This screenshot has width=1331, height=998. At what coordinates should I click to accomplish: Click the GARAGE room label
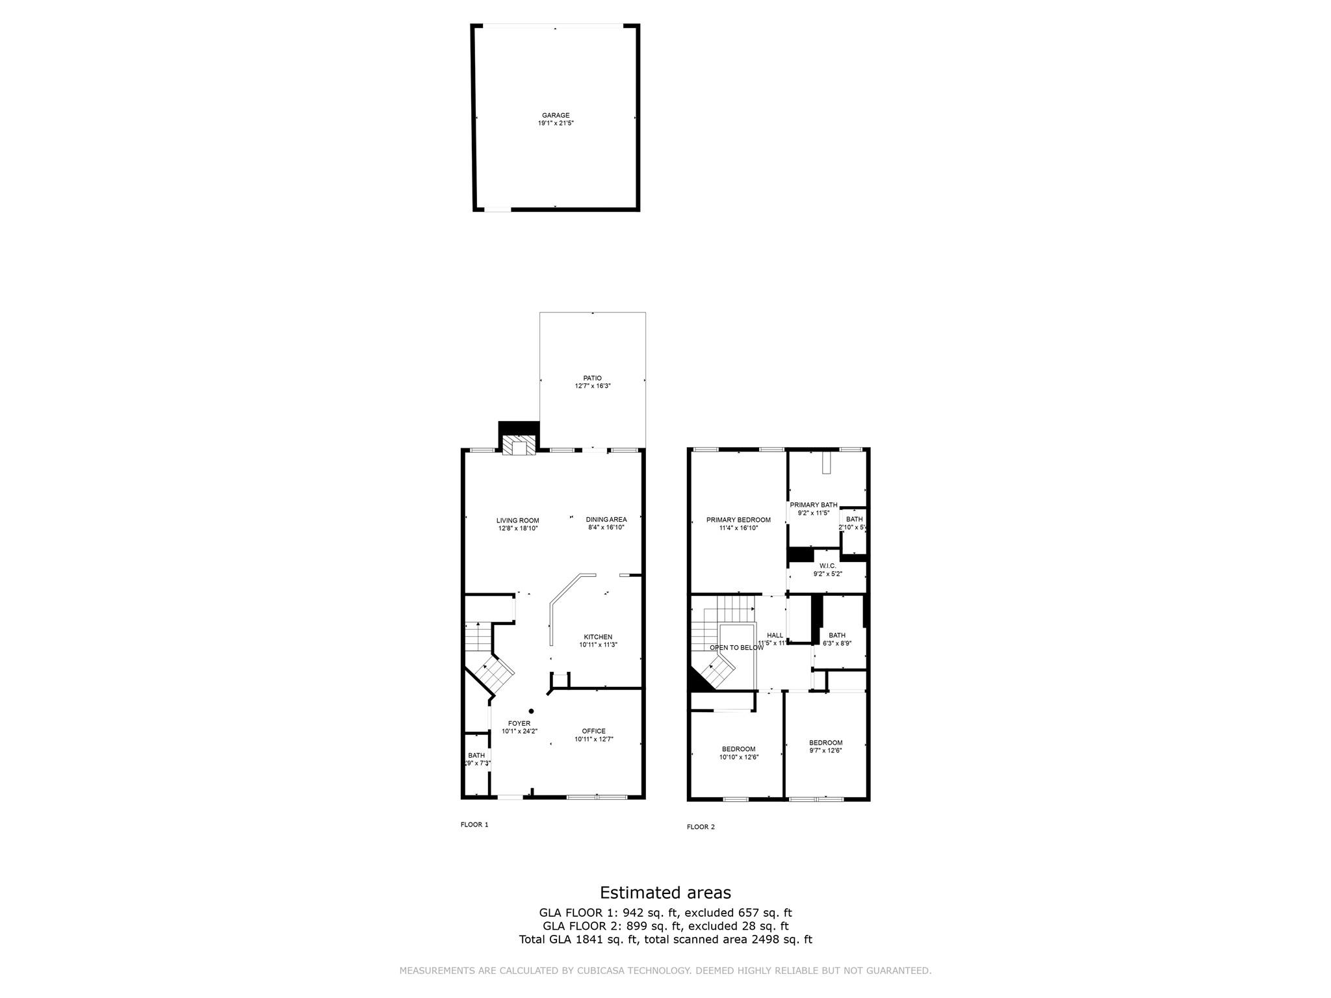click(x=556, y=119)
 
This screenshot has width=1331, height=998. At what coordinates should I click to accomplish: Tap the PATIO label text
click(x=592, y=382)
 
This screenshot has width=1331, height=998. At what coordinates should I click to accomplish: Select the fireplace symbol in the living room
click(x=519, y=446)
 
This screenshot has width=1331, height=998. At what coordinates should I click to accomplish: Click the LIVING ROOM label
click(x=517, y=524)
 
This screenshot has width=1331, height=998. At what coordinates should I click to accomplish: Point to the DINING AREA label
click(x=606, y=523)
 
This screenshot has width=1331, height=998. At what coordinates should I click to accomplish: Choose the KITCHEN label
click(x=597, y=641)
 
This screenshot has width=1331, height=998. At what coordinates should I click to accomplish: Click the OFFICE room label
click(x=593, y=735)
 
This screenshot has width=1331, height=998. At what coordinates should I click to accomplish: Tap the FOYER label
click(x=519, y=727)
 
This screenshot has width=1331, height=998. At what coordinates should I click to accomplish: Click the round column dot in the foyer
click(x=531, y=711)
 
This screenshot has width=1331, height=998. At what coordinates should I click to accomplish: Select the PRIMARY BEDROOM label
click(x=738, y=524)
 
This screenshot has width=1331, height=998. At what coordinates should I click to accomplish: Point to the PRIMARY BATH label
click(x=813, y=509)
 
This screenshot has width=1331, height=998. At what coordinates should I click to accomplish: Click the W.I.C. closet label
click(x=827, y=570)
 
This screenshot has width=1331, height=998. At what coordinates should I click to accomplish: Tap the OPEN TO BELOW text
click(x=736, y=648)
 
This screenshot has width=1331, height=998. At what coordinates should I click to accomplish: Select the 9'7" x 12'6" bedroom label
click(x=825, y=747)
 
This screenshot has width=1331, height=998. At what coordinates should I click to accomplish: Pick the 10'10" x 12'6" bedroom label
click(x=738, y=752)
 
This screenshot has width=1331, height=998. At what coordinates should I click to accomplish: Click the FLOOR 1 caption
click(x=474, y=825)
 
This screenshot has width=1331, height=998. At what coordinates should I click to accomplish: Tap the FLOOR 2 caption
click(x=701, y=827)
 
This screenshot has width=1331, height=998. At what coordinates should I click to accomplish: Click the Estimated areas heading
click(x=665, y=892)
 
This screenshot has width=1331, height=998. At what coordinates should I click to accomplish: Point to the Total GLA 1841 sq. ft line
click(x=665, y=940)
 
